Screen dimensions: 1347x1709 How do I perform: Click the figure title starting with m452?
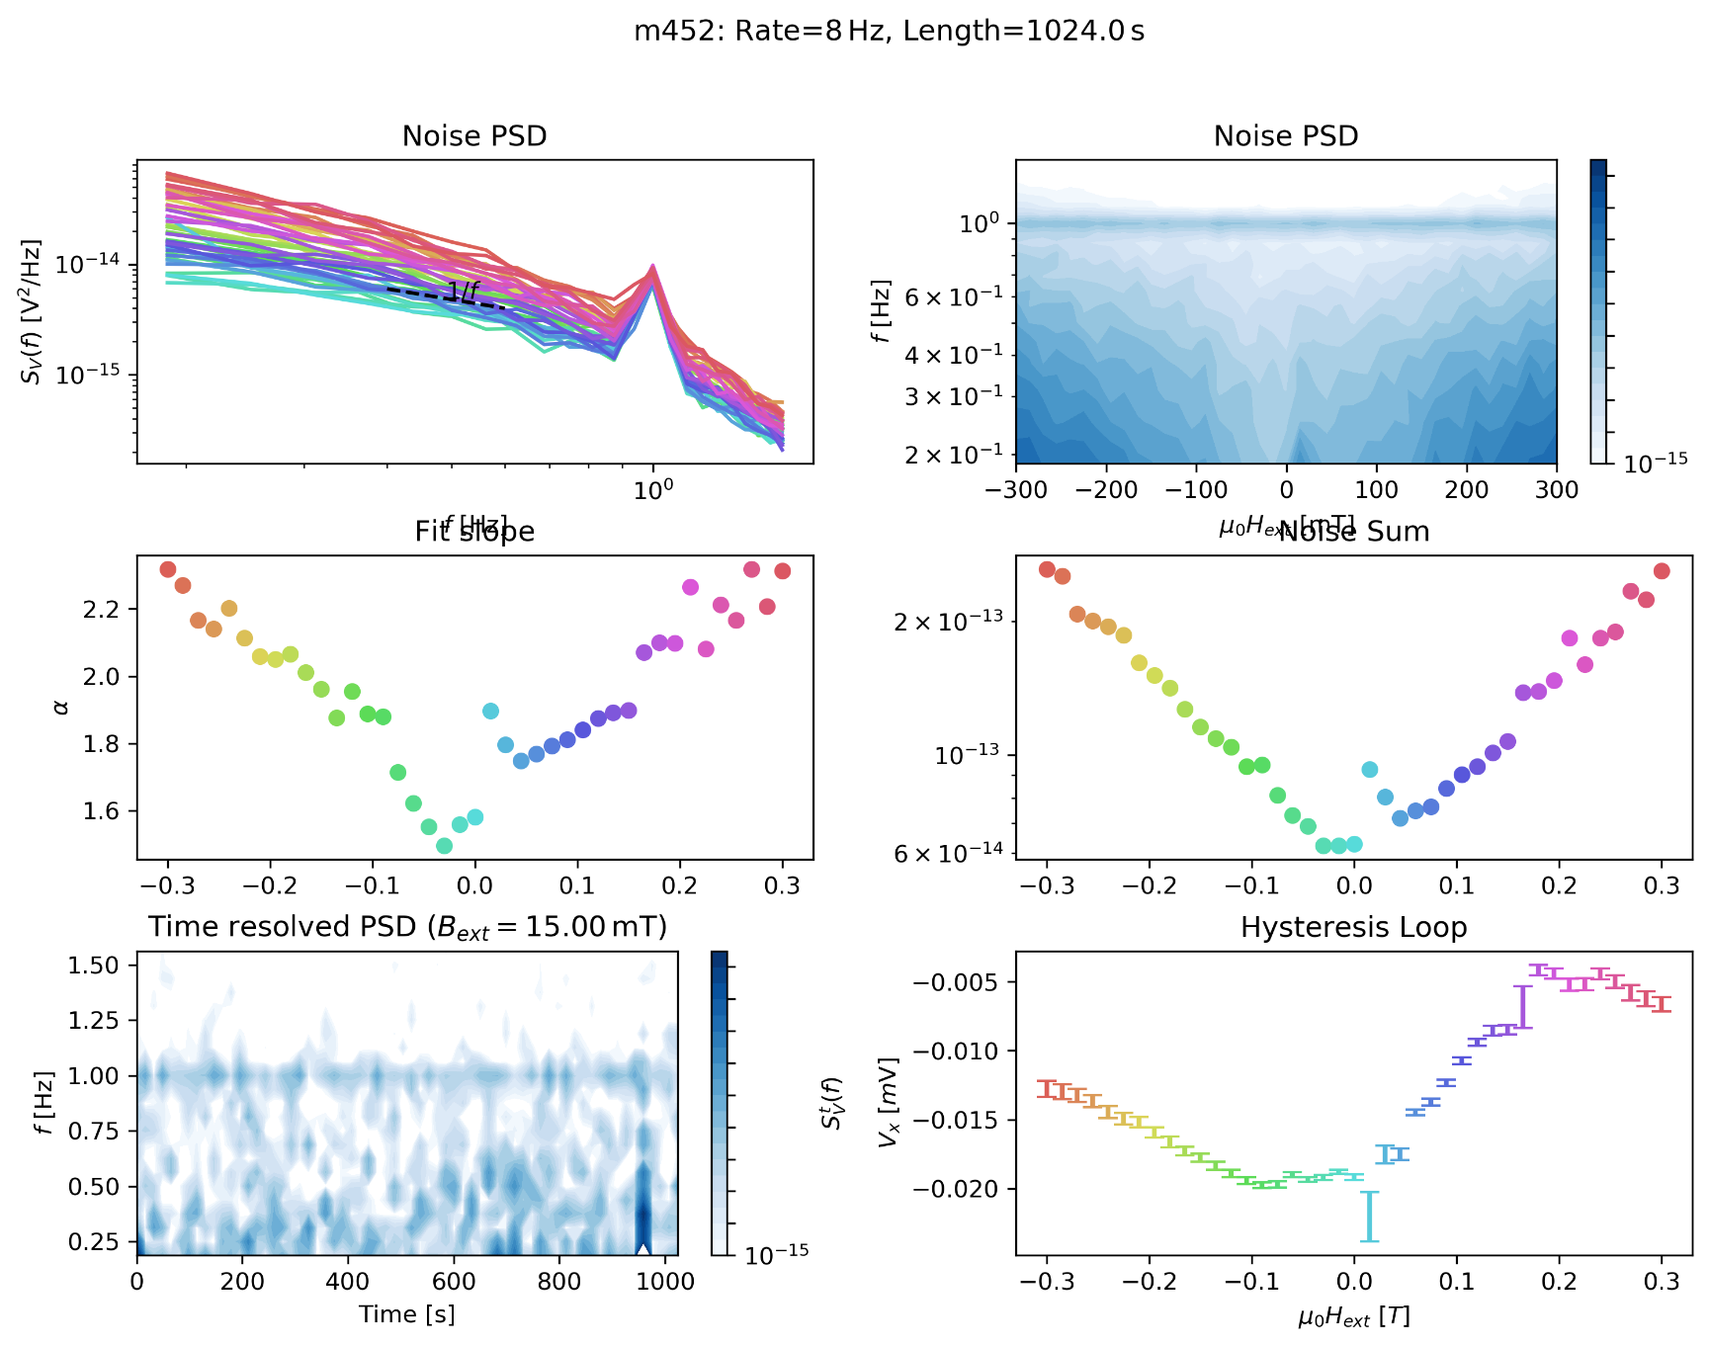[x=889, y=32]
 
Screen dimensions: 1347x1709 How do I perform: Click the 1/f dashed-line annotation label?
[x=462, y=291]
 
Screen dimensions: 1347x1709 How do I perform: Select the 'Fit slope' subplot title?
[x=474, y=532]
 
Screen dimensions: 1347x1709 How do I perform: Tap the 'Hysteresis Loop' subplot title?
[x=1353, y=927]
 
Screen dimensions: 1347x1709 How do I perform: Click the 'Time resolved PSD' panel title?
[x=407, y=927]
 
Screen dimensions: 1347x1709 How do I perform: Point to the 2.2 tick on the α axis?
[x=101, y=610]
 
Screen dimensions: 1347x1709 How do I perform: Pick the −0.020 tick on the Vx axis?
[x=955, y=1189]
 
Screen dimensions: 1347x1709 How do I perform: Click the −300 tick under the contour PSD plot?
[x=1016, y=489]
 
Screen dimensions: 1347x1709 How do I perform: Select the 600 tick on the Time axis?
[x=454, y=1282]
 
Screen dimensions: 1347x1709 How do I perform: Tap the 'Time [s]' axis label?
[x=407, y=1314]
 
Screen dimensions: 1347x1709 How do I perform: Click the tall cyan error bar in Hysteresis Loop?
[x=1369, y=1217]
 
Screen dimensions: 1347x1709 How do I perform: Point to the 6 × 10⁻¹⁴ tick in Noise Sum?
[x=948, y=853]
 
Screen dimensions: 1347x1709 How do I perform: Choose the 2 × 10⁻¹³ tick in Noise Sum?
[x=948, y=622]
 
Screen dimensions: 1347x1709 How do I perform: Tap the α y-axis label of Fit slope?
[x=61, y=708]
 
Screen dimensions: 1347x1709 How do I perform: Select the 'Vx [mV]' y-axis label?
[x=889, y=1103]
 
